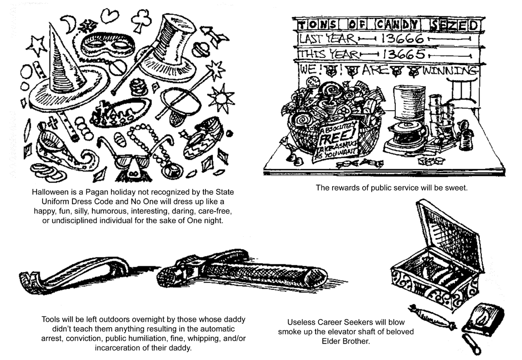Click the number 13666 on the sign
[402, 39]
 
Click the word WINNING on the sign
[450, 71]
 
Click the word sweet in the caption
[456, 187]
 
